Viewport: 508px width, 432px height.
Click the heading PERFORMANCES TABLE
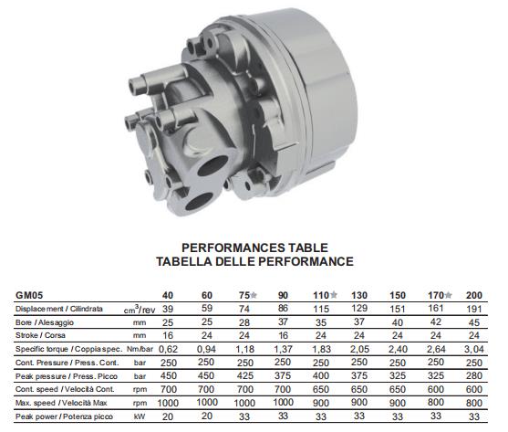click(254, 248)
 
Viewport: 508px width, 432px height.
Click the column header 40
click(167, 295)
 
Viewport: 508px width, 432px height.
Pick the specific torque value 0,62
click(166, 350)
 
